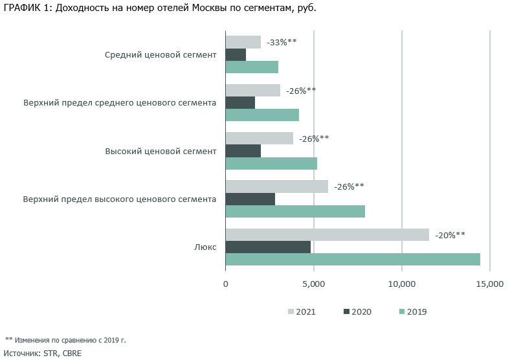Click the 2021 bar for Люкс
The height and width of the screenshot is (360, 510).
327,234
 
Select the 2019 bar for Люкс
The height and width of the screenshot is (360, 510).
353,260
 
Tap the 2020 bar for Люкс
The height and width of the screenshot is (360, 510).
268,247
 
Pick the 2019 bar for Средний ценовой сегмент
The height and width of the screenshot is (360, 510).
252,67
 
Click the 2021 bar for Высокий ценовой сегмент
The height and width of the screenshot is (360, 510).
259,139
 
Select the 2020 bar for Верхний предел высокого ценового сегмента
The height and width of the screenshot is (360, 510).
250,199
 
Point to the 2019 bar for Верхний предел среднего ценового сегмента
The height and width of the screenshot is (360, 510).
262,115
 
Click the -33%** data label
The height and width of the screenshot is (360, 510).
282,42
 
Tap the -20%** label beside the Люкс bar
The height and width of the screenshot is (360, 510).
450,235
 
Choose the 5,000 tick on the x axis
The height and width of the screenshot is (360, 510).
313,284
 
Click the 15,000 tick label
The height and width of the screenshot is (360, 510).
489,284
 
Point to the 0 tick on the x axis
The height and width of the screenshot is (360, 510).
226,284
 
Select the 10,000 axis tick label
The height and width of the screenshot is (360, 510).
401,284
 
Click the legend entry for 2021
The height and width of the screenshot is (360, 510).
302,311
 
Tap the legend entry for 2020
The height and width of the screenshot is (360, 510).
357,311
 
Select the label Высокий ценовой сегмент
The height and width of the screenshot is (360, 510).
160,151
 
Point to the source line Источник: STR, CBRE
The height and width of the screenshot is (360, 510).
43,354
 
